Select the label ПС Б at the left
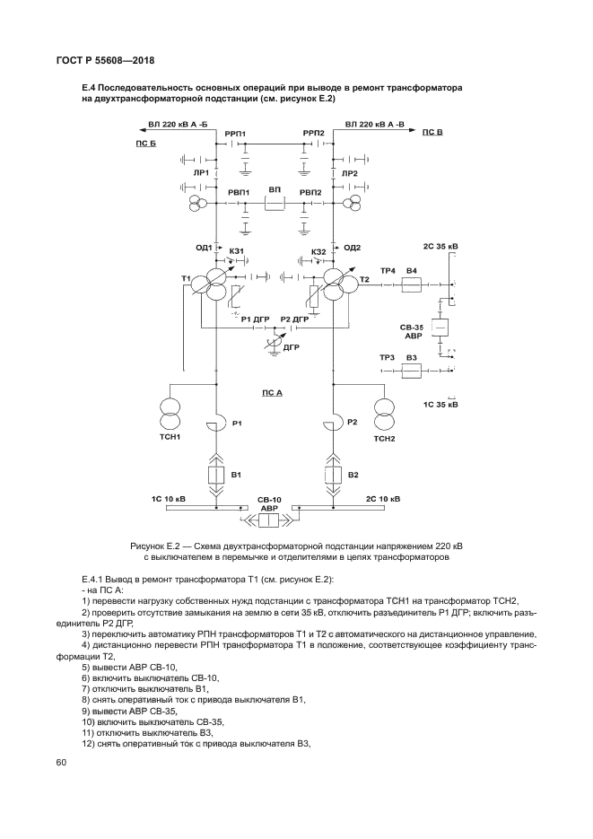click(145, 144)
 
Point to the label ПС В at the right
click(432, 132)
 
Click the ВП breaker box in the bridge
click(275, 204)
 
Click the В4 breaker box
click(412, 284)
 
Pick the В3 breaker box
click(412, 370)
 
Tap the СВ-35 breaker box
click(440, 328)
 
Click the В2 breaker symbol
click(332, 474)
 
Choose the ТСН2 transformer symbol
click(385, 415)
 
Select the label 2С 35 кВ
click(440, 245)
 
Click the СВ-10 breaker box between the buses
click(270, 519)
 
